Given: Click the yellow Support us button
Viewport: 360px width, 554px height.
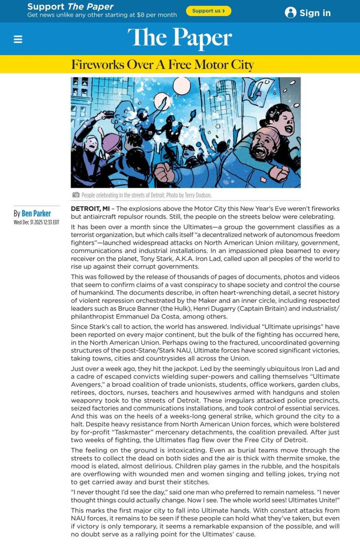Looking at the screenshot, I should click(209, 11).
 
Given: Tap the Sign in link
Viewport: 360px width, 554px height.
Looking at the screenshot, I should click(315, 13).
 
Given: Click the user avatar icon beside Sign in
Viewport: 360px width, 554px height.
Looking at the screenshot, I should click(290, 12).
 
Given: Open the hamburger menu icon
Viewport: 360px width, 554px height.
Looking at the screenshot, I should click(18, 39).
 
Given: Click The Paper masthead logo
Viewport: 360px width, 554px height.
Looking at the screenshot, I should click(180, 38).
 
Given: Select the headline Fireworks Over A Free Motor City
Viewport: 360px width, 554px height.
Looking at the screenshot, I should click(162, 65).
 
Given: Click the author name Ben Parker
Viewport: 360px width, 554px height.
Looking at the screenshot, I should click(36, 213).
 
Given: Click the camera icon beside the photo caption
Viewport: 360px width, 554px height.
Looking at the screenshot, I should click(76, 195).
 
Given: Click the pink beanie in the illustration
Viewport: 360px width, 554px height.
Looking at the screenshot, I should click(111, 142).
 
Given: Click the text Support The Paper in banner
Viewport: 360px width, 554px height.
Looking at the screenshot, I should click(70, 6).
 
